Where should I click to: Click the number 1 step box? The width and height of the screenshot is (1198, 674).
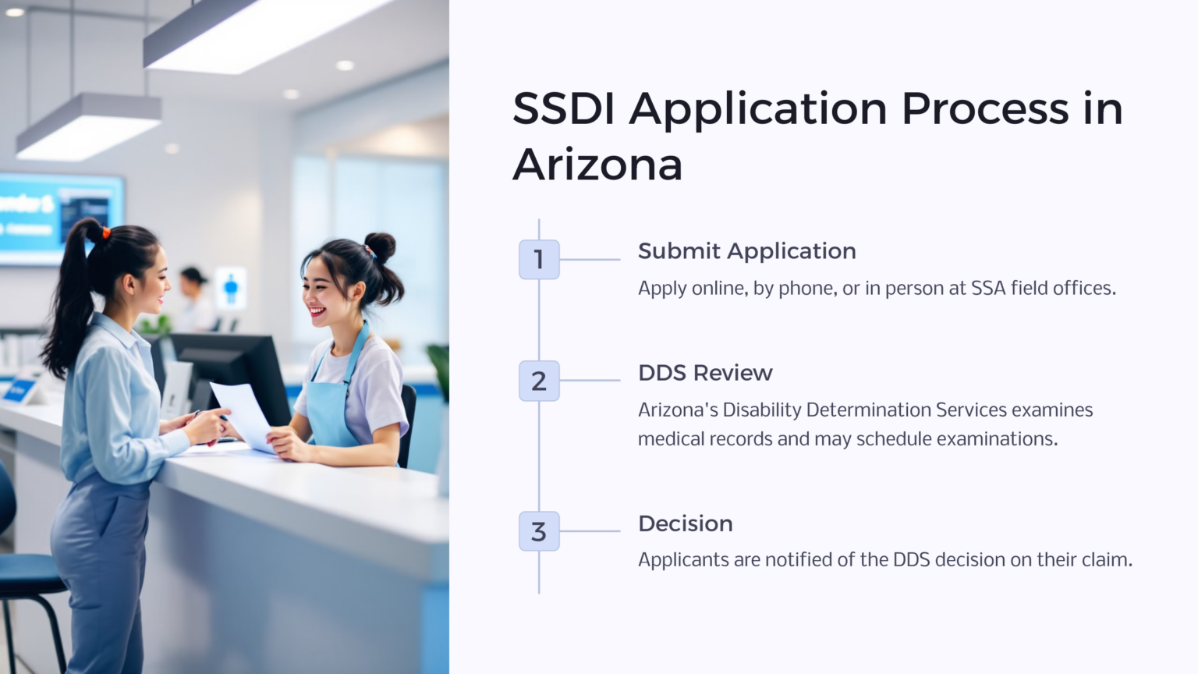[539, 260]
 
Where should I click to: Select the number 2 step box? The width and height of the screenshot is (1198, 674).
[539, 381]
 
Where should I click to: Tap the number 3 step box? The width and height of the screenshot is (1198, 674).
[539, 531]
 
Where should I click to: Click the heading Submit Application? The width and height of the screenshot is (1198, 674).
[746, 251]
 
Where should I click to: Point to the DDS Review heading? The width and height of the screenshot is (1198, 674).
[705, 373]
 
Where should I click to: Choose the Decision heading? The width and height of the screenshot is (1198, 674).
[685, 523]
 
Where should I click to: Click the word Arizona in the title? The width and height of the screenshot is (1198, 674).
[597, 165]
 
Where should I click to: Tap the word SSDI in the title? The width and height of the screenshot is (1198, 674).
[563, 108]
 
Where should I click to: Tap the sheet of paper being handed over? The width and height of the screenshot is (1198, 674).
[243, 413]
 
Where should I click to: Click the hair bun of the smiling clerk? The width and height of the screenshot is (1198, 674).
[380, 246]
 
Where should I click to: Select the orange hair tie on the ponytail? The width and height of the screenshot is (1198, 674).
[105, 232]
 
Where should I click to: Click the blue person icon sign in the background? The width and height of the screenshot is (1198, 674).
[230, 288]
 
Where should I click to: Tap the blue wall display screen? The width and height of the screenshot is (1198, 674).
[58, 216]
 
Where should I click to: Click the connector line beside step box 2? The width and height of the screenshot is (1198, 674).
[590, 381]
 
